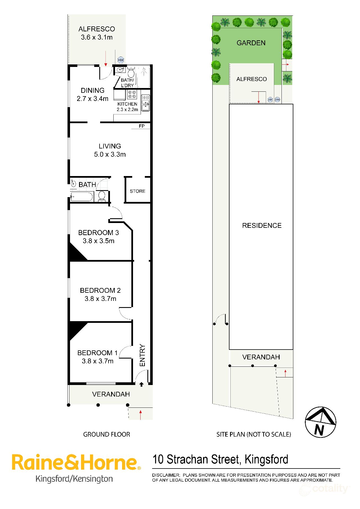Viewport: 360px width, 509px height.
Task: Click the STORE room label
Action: (138, 191)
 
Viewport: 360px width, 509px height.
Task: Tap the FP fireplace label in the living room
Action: (142, 126)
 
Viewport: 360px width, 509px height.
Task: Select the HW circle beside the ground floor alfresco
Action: (121, 60)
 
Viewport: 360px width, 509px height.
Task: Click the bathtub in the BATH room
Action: (82, 197)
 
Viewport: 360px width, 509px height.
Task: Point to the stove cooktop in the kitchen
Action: (132, 94)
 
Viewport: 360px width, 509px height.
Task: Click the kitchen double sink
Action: (145, 103)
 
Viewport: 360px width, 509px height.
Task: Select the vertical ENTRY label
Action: (142, 355)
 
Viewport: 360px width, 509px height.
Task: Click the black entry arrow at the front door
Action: (141, 384)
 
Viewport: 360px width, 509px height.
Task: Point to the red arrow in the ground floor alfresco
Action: (106, 59)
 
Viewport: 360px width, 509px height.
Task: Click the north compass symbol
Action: (321, 422)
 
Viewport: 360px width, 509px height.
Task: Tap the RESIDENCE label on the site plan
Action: (262, 226)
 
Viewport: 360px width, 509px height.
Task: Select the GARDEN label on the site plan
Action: (251, 43)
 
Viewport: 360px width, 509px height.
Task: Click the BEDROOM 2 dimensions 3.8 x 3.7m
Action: (100, 299)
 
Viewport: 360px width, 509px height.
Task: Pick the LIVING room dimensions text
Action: (110, 154)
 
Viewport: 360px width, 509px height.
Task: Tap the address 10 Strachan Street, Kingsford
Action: (220, 460)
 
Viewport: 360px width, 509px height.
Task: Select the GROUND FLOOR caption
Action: (107, 434)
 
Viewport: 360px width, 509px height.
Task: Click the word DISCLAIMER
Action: (166, 475)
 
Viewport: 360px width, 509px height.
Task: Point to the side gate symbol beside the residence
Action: (221, 320)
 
